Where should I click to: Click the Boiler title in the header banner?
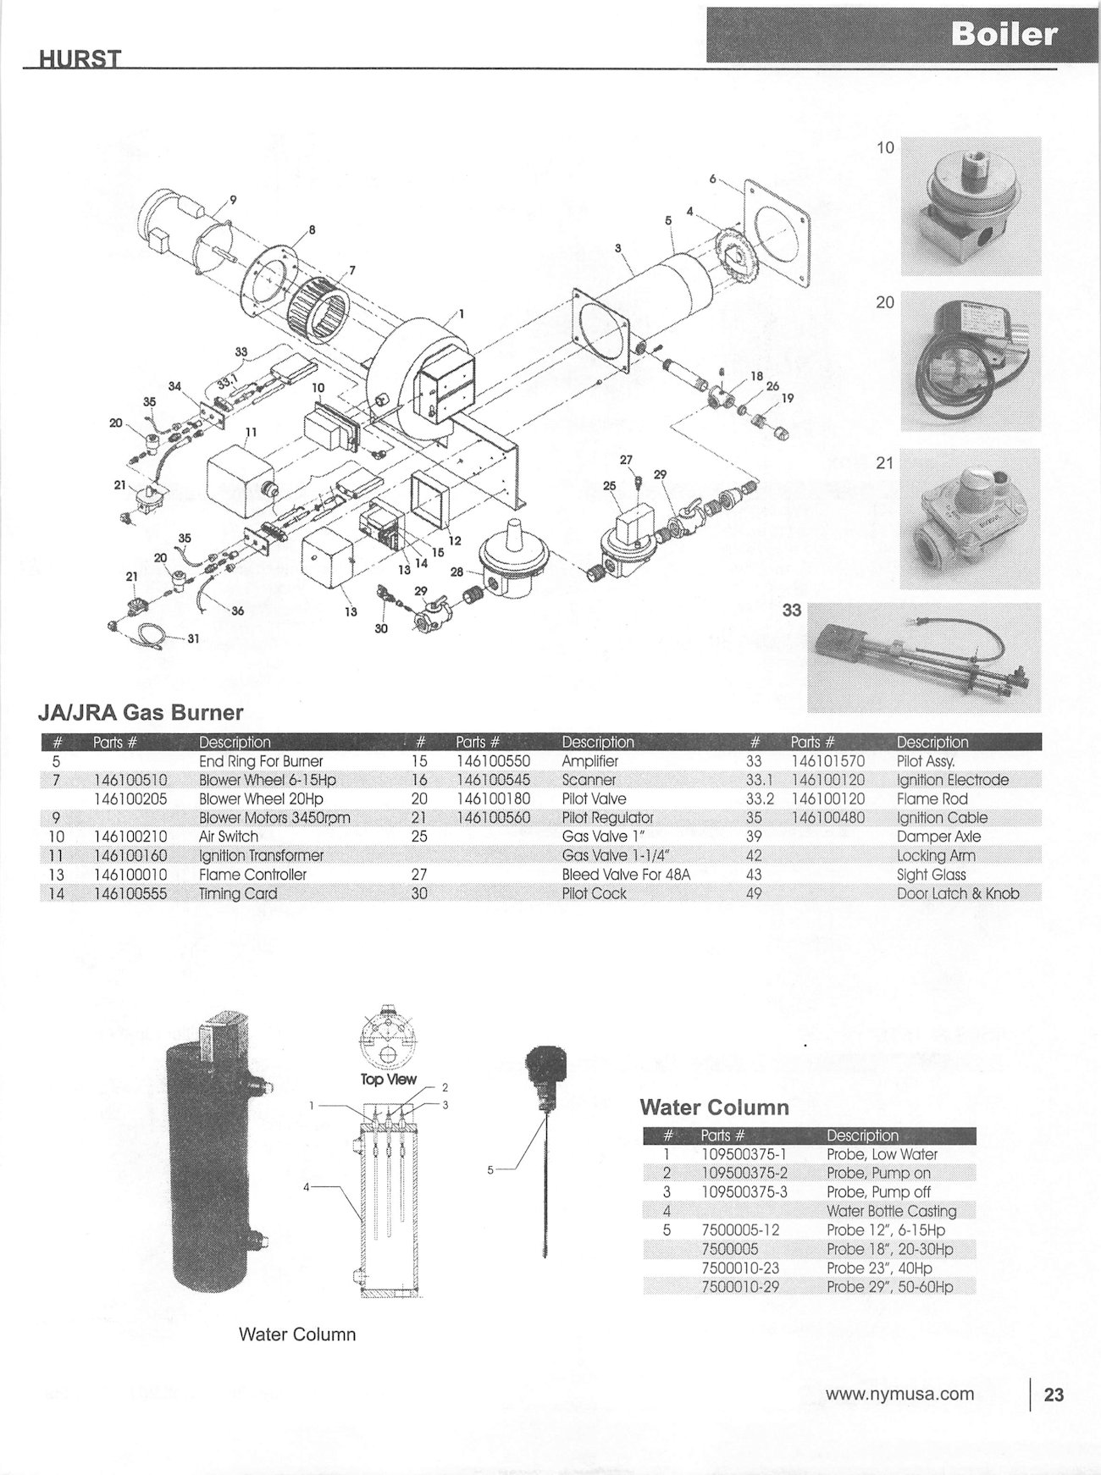(1003, 34)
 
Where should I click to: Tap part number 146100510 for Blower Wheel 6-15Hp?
(130, 780)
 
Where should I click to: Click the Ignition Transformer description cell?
(261, 855)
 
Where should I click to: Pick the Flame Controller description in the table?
(252, 874)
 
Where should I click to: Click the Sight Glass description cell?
(931, 874)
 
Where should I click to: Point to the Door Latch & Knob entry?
(957, 893)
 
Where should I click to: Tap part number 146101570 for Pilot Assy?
(827, 761)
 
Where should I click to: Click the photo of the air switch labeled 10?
(970, 206)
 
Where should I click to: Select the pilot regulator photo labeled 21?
(970, 518)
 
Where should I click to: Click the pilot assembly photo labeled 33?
(923, 657)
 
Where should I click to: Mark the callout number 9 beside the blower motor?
(233, 200)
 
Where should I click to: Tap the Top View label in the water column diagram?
(389, 1079)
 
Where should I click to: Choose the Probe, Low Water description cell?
(882, 1154)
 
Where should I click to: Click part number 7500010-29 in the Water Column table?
(740, 1287)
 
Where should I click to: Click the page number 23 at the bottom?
(1053, 1395)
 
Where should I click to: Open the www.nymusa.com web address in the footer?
(899, 1394)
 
